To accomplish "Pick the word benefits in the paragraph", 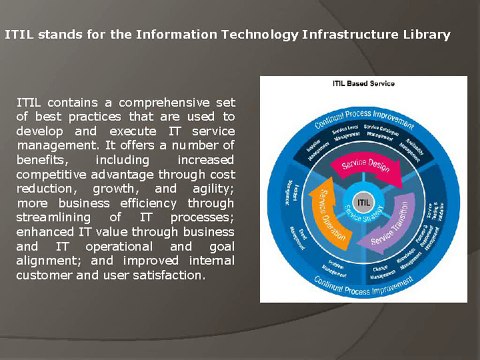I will click(44, 159).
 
